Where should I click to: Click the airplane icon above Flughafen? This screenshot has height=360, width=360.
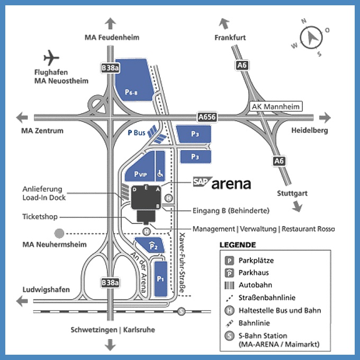[x=51, y=57]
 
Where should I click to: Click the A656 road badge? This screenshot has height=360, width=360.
[x=206, y=116]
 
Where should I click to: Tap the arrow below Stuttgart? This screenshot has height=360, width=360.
[x=296, y=206]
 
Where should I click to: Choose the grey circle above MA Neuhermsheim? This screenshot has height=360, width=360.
[x=59, y=232]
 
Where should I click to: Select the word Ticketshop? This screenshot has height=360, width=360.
[x=40, y=217]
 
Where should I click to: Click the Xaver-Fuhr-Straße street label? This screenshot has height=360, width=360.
[x=183, y=263]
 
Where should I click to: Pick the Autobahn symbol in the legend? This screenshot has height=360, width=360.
[x=230, y=285]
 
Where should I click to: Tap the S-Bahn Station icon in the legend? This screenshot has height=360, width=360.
[x=230, y=336]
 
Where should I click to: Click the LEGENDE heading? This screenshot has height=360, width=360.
[x=238, y=245]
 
